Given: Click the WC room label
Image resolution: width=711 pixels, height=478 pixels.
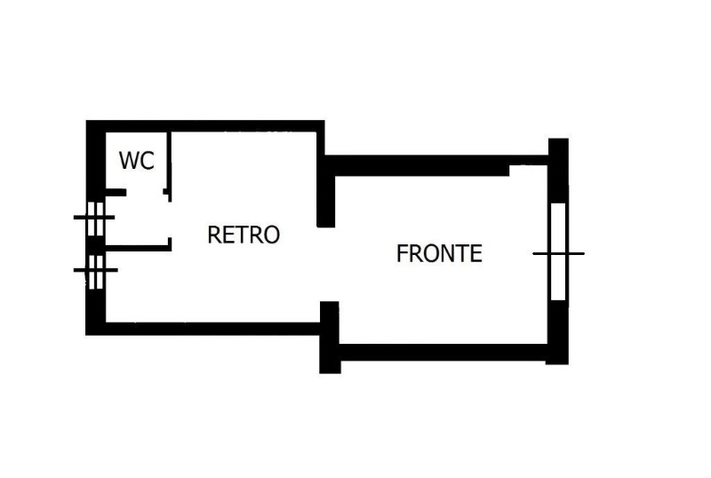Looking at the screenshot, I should tap(137, 161).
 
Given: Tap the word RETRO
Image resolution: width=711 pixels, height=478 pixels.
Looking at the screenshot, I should tap(243, 235).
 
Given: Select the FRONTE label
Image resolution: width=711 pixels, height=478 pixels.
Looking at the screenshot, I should tap(439, 253).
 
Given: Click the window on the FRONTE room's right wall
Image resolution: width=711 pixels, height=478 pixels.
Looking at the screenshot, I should tap(557, 252).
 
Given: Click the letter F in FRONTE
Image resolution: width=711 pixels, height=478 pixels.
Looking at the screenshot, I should tap(402, 253).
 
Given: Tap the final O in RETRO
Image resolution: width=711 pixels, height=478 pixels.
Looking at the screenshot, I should tap(271, 235).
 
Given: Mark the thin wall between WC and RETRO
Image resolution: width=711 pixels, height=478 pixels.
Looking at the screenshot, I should tap(170, 160).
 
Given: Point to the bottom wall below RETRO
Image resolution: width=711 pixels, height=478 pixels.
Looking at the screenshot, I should tap(213, 328).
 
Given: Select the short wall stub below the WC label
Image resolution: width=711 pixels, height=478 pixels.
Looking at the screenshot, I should tap(116, 192).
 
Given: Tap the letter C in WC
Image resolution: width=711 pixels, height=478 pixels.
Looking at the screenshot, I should tap(148, 161).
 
